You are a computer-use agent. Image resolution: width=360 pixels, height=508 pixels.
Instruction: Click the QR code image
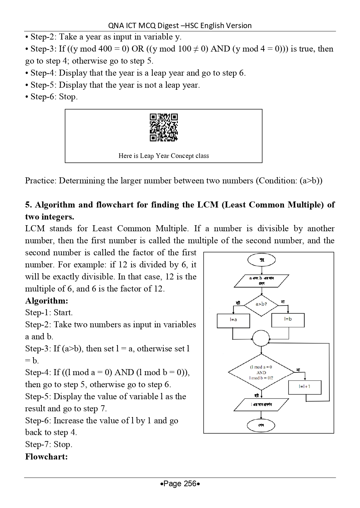163,128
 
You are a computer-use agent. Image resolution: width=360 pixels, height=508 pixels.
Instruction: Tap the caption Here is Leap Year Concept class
163,156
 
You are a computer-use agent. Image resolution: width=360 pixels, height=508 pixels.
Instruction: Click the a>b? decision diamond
261,304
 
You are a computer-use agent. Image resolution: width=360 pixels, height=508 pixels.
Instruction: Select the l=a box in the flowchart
233,320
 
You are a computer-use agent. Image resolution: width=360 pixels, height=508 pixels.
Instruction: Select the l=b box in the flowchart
288,320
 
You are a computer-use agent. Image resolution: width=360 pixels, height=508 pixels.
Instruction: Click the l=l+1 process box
304,387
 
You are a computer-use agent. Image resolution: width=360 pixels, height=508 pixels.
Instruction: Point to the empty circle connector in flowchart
261,338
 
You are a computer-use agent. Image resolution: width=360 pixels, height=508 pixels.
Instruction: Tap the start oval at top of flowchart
261,260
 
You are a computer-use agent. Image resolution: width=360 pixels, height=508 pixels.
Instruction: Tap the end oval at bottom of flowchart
261,425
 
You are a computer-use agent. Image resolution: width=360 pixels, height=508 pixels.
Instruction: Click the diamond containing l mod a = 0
261,372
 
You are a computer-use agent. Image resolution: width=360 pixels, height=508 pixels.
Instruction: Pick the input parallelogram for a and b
261,280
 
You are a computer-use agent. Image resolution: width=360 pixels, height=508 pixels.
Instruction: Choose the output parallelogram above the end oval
261,404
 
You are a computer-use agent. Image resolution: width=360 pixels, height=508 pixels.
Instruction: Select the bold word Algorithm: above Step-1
47,301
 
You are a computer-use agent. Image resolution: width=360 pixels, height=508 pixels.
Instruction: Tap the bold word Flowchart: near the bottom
47,457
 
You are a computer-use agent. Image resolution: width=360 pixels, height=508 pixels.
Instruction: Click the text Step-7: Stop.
49,444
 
